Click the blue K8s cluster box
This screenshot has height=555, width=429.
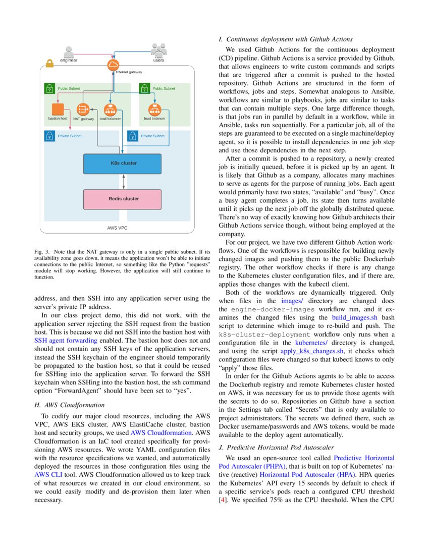point(122,163)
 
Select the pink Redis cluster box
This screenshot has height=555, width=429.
point(122,199)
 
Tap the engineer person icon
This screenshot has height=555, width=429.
point(69,52)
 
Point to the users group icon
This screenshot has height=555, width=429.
point(159,49)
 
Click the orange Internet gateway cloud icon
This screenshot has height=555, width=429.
point(112,65)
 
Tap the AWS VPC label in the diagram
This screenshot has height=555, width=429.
point(117,228)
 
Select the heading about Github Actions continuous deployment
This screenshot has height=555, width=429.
point(285,39)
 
